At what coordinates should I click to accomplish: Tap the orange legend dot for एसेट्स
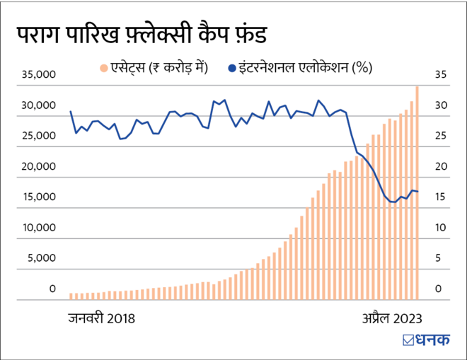click(103, 68)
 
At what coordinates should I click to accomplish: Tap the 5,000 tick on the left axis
click(39, 258)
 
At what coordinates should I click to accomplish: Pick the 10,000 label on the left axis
click(36, 228)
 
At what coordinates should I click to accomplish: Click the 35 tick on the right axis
click(440, 74)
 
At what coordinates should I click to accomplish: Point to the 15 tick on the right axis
click(440, 197)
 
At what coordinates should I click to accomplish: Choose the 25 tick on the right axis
click(440, 136)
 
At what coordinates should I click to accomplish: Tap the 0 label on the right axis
click(439, 289)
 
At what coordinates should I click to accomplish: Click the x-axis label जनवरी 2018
click(101, 318)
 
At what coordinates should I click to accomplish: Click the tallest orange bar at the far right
click(417, 191)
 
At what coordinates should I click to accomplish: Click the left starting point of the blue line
click(71, 112)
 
